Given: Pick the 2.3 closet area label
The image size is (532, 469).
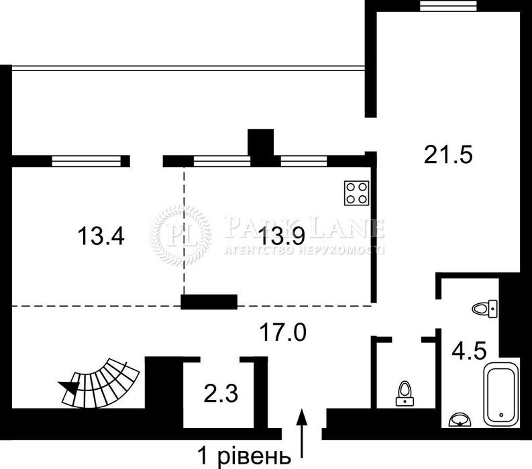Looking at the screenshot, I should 219,391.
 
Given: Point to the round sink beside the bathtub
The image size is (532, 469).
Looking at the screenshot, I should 460,419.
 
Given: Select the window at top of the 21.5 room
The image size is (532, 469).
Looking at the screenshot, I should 448,5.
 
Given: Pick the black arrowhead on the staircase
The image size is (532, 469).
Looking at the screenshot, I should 68,386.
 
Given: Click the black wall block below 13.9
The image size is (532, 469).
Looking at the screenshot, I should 209,302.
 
